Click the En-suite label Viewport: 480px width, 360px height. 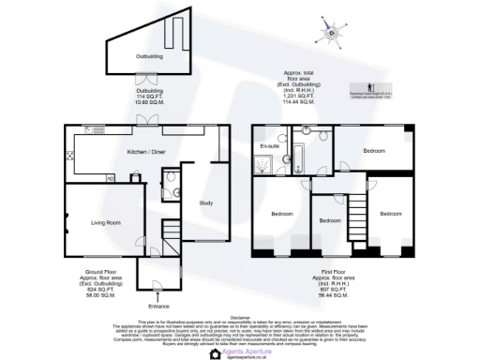(x=269, y=146)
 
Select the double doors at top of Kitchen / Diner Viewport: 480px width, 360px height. (x=145, y=121)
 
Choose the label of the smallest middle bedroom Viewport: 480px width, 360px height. (x=329, y=220)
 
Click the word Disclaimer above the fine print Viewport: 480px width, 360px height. (x=241, y=317)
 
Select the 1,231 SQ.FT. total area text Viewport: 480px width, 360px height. (x=299, y=95)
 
